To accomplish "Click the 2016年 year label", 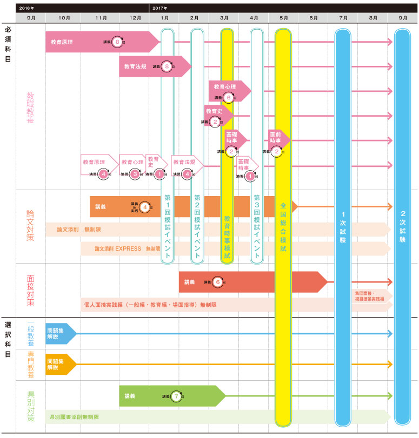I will (26, 8).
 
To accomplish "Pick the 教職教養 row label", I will (31, 107).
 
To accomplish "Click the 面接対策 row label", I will (31, 290).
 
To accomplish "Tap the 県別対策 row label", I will (31, 402).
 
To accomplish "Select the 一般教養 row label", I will (31, 333).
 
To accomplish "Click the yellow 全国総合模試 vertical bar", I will (283, 227).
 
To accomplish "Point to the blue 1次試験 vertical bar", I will (343, 227).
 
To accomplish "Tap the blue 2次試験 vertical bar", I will (402, 227).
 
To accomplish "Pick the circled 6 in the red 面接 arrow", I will (216, 282).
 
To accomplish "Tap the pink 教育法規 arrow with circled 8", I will (154, 66).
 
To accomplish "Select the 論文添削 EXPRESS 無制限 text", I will (127, 249).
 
